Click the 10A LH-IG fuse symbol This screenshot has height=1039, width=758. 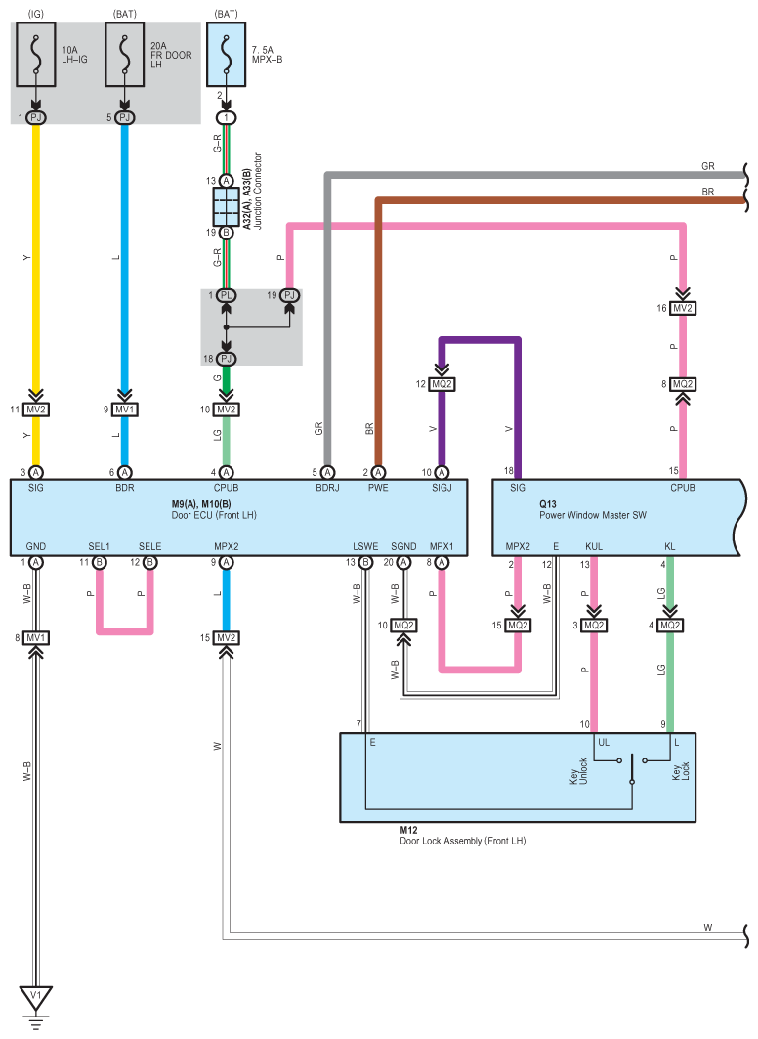coord(36,55)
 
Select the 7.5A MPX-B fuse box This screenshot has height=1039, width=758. coord(227,55)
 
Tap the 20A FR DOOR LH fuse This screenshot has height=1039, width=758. coord(124,55)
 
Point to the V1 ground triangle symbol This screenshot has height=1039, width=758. coord(36,997)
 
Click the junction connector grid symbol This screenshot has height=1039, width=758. coord(227,207)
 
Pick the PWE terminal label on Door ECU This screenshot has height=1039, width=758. coord(378,488)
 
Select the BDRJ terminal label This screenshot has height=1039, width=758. coord(327,488)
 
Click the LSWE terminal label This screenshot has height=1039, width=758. coord(365,546)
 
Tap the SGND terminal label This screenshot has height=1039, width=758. coord(403,546)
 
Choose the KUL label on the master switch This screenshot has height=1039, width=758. coord(594,546)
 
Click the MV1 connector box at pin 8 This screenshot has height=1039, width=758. coord(36,638)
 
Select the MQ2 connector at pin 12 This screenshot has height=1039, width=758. coord(442,384)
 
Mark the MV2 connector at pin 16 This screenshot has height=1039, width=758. coord(683,308)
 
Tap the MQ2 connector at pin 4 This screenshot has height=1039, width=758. coord(670,625)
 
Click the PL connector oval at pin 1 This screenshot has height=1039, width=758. coord(227,295)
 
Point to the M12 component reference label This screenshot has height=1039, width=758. coord(408,830)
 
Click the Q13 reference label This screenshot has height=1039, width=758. coord(547,504)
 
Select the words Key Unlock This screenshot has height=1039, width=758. coord(578,771)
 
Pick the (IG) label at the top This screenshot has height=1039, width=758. coord(36,14)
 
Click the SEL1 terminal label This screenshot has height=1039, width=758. coord(99,546)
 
